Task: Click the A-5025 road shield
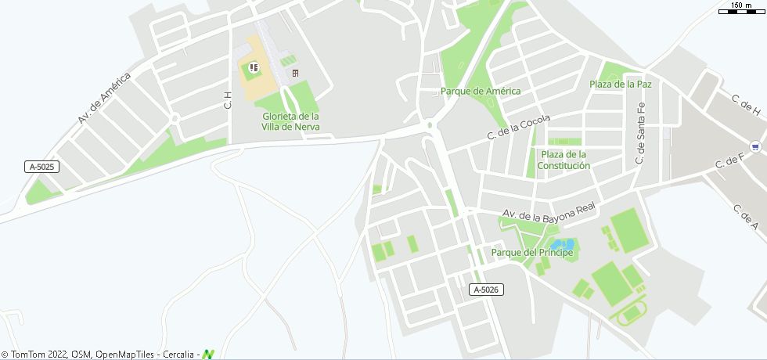(x=42, y=167)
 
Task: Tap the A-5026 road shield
(x=486, y=290)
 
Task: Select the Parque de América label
(x=481, y=91)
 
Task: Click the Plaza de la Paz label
(x=621, y=84)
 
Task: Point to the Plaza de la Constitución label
(x=564, y=160)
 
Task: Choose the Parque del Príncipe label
(x=532, y=252)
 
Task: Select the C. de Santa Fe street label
(x=640, y=133)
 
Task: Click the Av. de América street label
(x=103, y=98)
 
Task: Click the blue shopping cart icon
(x=754, y=146)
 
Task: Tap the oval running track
(x=629, y=315)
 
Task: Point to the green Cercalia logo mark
(x=207, y=355)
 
